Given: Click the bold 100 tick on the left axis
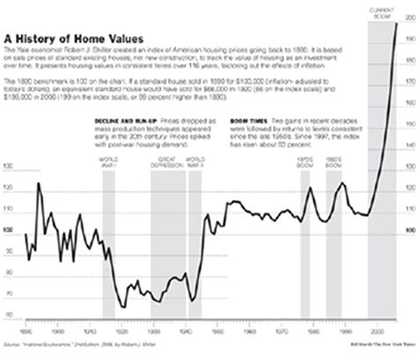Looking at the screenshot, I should [9, 231].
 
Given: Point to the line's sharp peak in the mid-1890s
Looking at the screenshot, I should [41, 181].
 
